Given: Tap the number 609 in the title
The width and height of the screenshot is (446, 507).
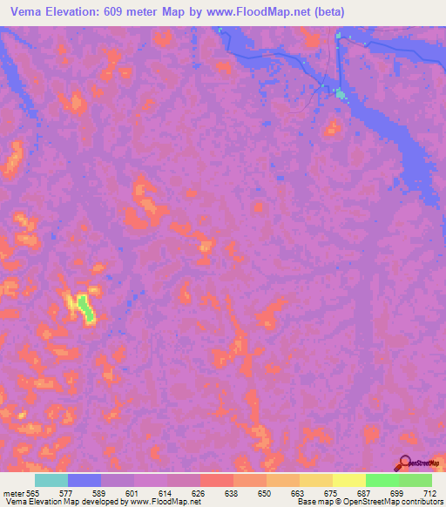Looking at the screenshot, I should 118,12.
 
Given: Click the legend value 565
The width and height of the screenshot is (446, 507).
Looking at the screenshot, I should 31,492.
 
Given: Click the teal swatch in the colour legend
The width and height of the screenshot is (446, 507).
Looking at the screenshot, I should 51,480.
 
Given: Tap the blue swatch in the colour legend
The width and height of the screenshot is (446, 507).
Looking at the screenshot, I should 84,480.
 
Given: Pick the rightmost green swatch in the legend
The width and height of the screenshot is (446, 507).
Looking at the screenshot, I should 416,480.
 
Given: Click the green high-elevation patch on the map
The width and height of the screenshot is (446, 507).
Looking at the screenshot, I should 84,307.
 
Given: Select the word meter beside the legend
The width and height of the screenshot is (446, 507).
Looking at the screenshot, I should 13,492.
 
